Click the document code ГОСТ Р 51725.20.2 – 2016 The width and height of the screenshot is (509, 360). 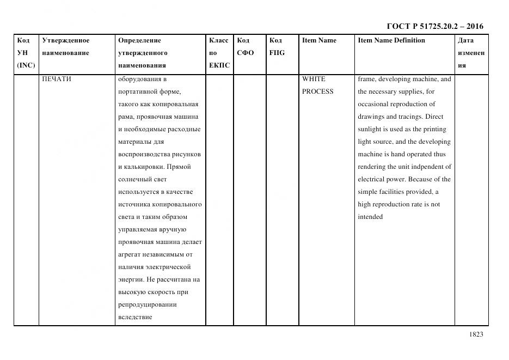click(x=434, y=26)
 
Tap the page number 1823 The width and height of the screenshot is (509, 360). click(x=475, y=334)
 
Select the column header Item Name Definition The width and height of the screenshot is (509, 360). click(x=391, y=40)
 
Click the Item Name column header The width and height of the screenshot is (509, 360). click(x=319, y=40)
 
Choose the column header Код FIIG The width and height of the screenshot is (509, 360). click(x=277, y=47)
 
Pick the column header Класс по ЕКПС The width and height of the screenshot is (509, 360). click(x=219, y=53)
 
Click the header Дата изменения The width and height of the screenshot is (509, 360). click(x=471, y=53)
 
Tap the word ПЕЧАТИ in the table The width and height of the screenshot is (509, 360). click(x=57, y=79)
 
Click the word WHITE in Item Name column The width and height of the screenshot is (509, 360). click(x=314, y=79)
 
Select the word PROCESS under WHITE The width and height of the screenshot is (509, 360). click(x=317, y=91)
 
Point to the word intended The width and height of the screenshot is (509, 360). click(x=370, y=217)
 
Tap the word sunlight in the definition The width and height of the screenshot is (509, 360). click(x=370, y=129)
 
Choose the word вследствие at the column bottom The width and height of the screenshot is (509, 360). click(x=134, y=317)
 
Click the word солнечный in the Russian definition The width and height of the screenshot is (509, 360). click(x=134, y=179)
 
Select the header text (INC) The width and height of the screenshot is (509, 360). click(x=26, y=65)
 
